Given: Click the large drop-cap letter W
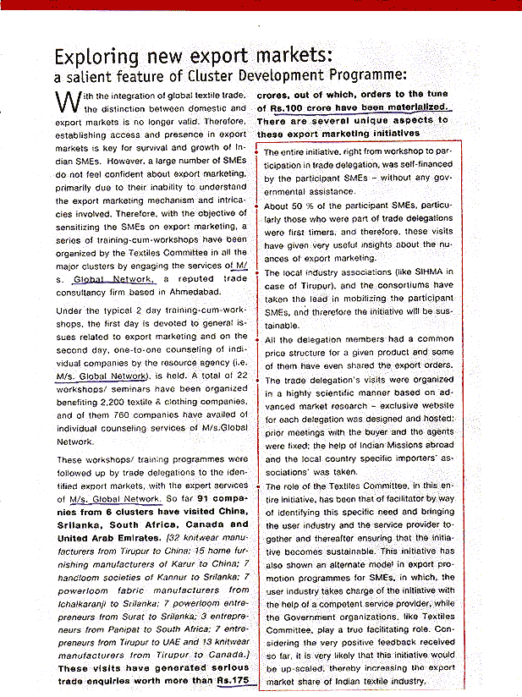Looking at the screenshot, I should click(69, 102).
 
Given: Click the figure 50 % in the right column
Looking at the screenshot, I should click(302, 205).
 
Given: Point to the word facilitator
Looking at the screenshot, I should click(397, 499).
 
